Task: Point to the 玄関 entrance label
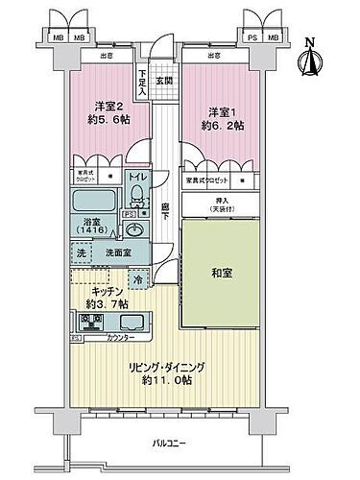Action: [x=164, y=81]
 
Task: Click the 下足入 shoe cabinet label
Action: [x=142, y=81]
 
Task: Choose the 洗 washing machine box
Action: [x=82, y=253]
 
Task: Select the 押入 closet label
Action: [x=223, y=202]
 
